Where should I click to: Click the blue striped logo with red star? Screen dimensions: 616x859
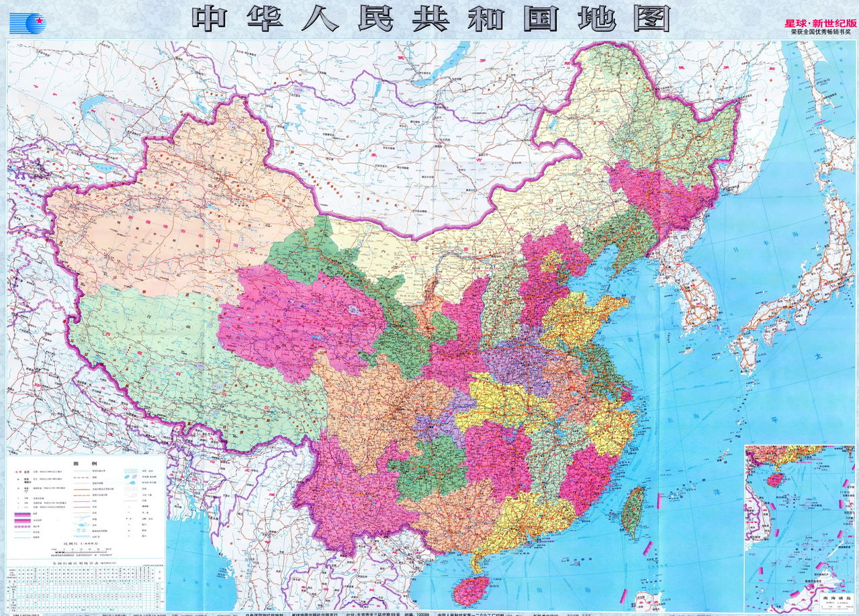coord(28,23)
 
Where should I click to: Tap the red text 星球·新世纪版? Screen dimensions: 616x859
coord(821,23)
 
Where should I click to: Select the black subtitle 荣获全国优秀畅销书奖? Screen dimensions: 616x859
coord(821,32)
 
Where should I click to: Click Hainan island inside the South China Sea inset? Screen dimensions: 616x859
coord(774,480)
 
